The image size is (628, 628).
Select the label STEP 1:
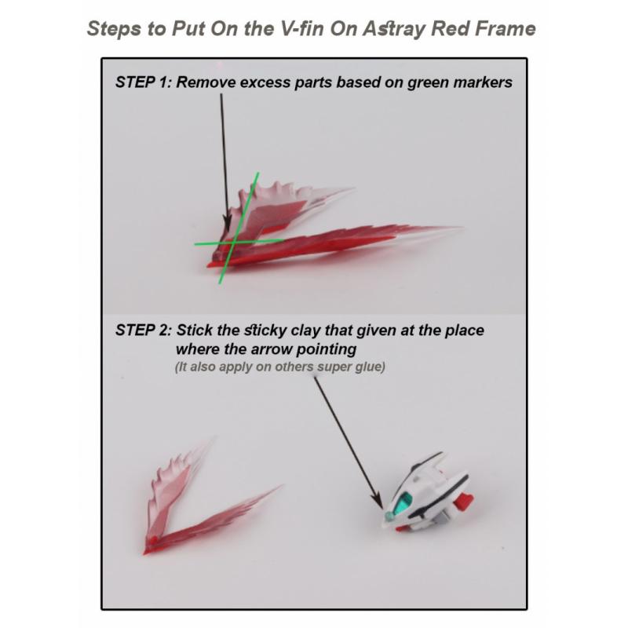[x=144, y=82]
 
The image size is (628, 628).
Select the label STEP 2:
[x=144, y=330]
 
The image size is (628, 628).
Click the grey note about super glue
[x=279, y=367]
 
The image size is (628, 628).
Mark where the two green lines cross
[x=229, y=243]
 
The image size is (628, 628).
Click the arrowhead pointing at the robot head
[x=378, y=503]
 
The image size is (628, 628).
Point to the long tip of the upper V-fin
[x=451, y=229]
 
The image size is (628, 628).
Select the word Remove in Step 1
[x=203, y=82]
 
